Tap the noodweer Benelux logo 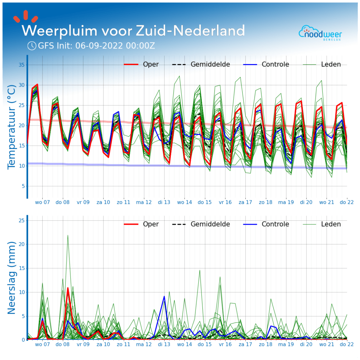coord(320,33)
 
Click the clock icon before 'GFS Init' coord(32,46)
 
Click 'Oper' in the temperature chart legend coord(151,64)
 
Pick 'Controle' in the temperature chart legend coord(275,64)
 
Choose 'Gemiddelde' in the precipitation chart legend coord(210,224)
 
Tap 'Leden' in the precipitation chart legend coord(331,224)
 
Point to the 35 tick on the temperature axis coord(21,65)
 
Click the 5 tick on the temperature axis coord(22,186)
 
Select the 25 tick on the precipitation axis coord(21,220)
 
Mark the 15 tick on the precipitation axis coord(21,268)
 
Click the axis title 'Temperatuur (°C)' coord(12,127)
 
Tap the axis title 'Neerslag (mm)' coord(12,278)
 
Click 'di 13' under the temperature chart coord(164,202)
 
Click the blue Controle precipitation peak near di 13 coord(164,296)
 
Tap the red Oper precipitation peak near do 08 coord(68,288)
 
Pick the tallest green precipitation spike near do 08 coord(68,236)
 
